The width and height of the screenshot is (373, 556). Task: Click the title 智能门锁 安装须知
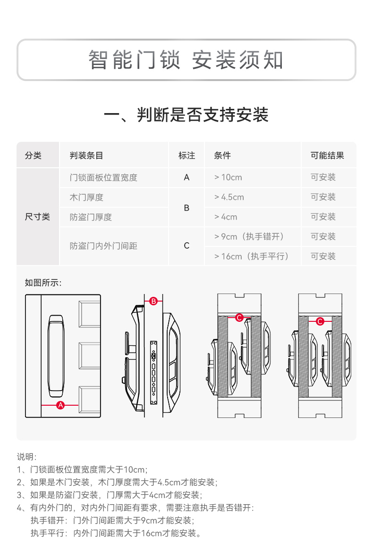coord(186,60)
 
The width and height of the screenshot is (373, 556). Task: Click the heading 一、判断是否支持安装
coord(186,115)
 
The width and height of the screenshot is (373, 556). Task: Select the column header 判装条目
coord(86,155)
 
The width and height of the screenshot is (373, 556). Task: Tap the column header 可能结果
coord(327,155)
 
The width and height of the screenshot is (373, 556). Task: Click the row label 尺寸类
coord(37,217)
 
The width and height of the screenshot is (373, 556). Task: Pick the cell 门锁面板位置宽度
coord(103,178)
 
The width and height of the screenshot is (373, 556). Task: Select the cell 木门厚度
coord(86,197)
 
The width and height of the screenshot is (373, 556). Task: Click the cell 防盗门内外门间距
coord(103,246)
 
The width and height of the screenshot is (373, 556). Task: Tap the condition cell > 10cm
coord(228,178)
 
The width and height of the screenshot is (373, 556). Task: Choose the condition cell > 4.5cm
coord(229,197)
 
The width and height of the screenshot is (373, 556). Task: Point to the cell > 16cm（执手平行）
coord(251,256)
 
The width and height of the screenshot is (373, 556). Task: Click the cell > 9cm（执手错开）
coord(251,237)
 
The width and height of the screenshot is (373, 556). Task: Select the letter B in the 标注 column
coord(186,207)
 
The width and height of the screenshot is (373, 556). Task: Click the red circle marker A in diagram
coord(60,405)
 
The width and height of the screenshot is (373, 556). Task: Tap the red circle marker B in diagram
coord(153,301)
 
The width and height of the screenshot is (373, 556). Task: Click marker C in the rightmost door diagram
coord(320,321)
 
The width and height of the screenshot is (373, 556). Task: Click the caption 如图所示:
coord(43,283)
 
